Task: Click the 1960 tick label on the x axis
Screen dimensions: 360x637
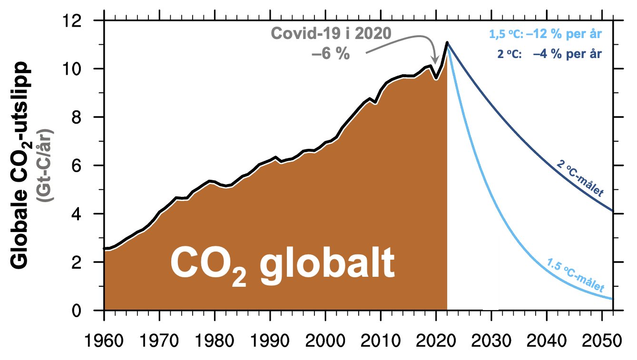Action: point(104,341)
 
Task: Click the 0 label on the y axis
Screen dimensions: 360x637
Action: point(88,311)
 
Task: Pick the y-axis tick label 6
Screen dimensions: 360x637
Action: point(88,165)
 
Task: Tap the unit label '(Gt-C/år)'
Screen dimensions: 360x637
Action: point(48,166)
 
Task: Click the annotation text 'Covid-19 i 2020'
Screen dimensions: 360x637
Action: point(331,34)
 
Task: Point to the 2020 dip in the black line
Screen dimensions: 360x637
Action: point(436,78)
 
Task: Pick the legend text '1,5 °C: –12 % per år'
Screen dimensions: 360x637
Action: point(545,35)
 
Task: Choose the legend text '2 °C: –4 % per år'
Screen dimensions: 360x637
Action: point(550,54)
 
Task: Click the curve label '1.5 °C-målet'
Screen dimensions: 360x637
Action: point(576,275)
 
